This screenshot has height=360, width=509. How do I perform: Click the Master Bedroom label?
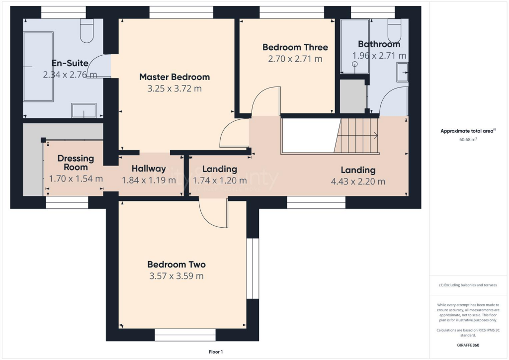point(174,77)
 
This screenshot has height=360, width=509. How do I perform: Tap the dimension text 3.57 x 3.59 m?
point(176,276)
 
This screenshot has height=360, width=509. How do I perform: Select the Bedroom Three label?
point(295,47)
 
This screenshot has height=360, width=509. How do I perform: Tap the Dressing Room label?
point(76,163)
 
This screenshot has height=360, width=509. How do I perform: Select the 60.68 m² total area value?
point(468,140)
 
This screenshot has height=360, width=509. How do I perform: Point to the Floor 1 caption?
point(215,352)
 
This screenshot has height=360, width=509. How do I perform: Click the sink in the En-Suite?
point(84,110)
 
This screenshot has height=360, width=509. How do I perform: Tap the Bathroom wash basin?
point(402,72)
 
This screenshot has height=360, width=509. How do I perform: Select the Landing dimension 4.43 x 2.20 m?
point(358,181)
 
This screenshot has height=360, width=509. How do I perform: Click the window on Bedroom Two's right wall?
point(253,269)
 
